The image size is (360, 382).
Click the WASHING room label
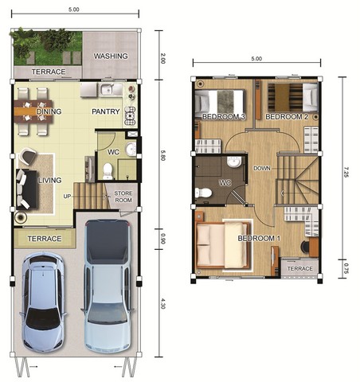tap(111, 56)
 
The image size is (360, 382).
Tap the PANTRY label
tap(106, 111)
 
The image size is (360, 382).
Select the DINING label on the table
tap(49, 111)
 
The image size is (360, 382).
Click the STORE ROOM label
tap(123, 197)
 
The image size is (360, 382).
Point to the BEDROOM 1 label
tap(259, 238)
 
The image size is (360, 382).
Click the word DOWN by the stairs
tap(262, 168)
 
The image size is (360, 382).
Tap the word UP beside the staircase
tap(67, 197)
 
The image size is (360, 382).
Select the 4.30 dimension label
tap(162, 303)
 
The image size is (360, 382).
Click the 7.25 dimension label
tap(346, 172)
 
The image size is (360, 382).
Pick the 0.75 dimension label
tap(346, 268)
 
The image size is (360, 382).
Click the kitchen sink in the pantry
tap(108, 90)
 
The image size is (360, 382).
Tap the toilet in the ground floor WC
tap(108, 171)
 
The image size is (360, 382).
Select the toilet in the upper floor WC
tap(203, 193)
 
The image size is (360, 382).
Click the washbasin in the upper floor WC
tap(234, 162)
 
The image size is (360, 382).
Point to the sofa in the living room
tap(26, 189)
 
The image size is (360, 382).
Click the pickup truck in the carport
tap(108, 286)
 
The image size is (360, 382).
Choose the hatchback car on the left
tap(43, 302)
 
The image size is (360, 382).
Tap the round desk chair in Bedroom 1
tap(305, 247)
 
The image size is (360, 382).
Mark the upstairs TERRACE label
tap(299, 269)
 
